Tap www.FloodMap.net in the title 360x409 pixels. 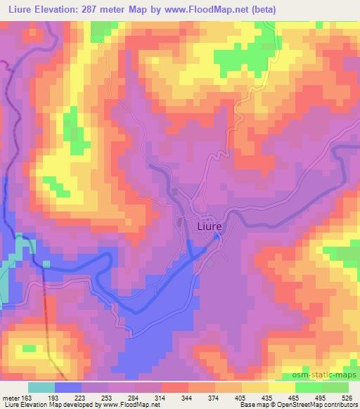[x=209, y=10]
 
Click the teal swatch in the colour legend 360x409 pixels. [x=41, y=387]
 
